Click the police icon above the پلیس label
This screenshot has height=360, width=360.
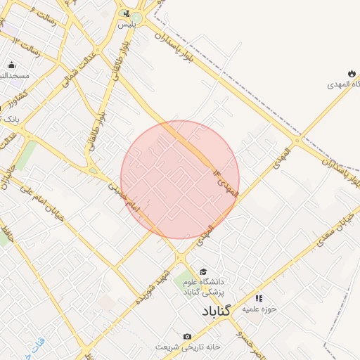pos(125,13)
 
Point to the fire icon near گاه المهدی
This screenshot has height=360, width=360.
pos(351,73)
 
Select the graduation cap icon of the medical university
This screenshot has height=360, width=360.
pos(203,271)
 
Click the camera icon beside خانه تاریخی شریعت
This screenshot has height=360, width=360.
pos(187,337)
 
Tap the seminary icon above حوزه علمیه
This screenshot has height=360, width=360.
pos(259,298)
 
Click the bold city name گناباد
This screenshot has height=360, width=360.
pos(216,311)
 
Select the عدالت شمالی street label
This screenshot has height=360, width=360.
pos(79,71)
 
